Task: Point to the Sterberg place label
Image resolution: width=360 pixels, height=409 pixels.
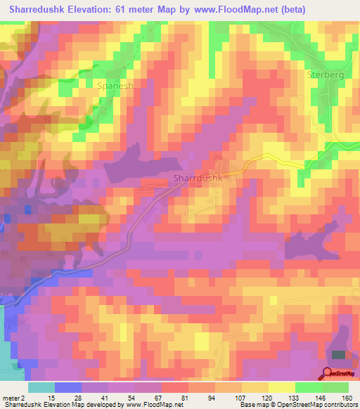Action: (x=324, y=73)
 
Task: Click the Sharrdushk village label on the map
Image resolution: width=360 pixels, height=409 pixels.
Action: (x=198, y=178)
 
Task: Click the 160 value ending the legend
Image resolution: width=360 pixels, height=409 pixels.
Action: (x=348, y=398)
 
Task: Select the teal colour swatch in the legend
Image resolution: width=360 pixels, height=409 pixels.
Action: (x=41, y=388)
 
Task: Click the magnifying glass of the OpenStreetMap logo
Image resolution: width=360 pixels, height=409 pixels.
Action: (x=328, y=373)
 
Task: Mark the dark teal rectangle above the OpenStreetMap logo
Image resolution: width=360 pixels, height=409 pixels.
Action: (x=339, y=356)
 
